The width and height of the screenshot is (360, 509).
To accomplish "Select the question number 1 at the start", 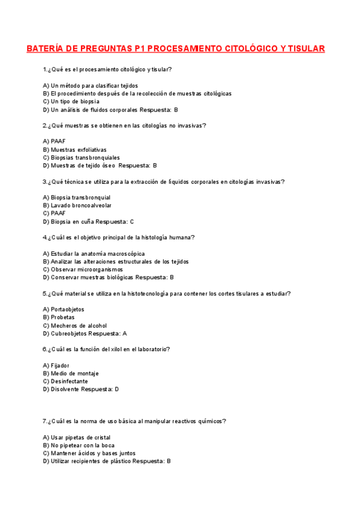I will pyautogui.click(x=44, y=70).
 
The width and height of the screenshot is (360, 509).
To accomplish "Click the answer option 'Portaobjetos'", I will pyautogui.click(x=67, y=310).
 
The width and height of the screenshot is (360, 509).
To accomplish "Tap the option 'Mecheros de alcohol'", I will pyautogui.click(x=79, y=325).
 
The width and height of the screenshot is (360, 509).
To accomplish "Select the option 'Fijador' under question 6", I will pyautogui.click(x=60, y=366).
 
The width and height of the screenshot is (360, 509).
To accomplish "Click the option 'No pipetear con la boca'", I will pyautogui.click(x=83, y=445).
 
